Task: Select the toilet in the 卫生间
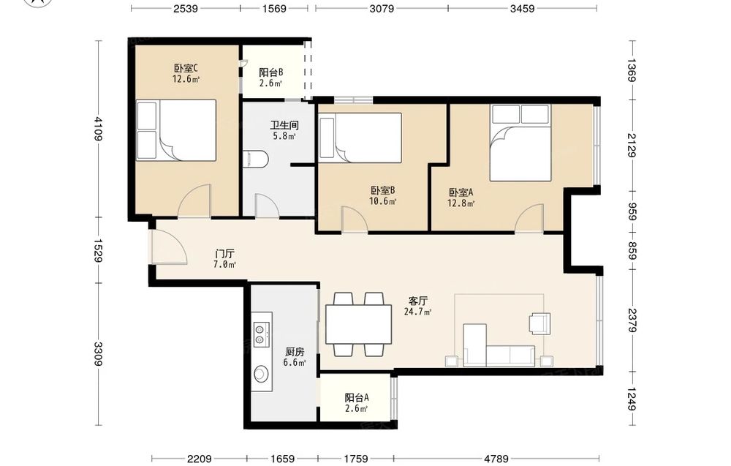pyautogui.click(x=255, y=159)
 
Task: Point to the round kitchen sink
pyautogui.click(x=261, y=374)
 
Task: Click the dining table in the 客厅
pyautogui.click(x=358, y=324)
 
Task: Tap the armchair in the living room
pyautogui.click(x=540, y=323)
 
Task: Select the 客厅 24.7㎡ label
pyautogui.click(x=417, y=306)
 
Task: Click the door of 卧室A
pyautogui.click(x=529, y=218)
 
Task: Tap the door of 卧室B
pyautogui.click(x=355, y=219)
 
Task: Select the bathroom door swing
pyautogui.click(x=267, y=206)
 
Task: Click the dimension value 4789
pyautogui.click(x=496, y=459)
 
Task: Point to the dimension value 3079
pyautogui.click(x=382, y=8)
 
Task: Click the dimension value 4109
pyautogui.click(x=98, y=128)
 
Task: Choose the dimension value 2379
pyautogui.click(x=632, y=320)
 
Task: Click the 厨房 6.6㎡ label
pyautogui.click(x=295, y=357)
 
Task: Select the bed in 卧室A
pyautogui.click(x=520, y=142)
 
